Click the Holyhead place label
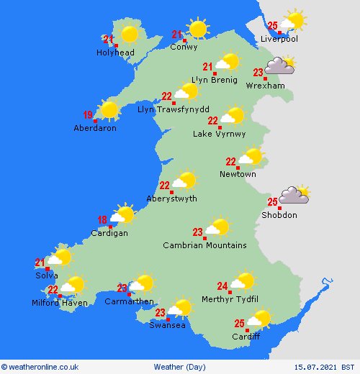tap(115, 53)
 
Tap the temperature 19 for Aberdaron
tap(88, 114)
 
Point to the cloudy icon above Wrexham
tap(280, 67)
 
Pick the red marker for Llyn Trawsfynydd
tap(174, 104)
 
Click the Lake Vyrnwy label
tap(219, 134)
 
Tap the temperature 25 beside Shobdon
tap(272, 201)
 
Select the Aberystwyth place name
tap(171, 199)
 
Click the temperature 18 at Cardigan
tap(102, 220)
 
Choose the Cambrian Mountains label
tap(204, 245)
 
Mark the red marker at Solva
tap(48, 269)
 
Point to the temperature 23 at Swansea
tap(161, 313)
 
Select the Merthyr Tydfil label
tap(230, 299)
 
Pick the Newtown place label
tap(238, 174)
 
